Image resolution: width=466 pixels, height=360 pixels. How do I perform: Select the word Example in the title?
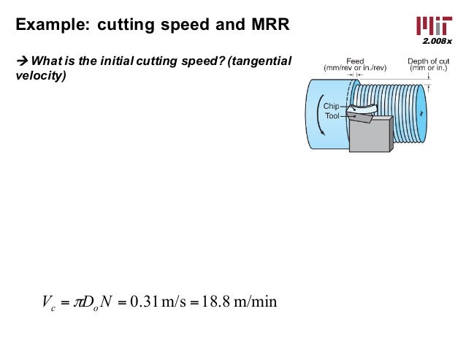click(x=47, y=25)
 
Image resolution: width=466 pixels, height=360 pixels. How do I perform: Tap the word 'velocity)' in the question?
click(x=40, y=74)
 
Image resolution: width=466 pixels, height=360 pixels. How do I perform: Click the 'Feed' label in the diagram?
click(x=354, y=61)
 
